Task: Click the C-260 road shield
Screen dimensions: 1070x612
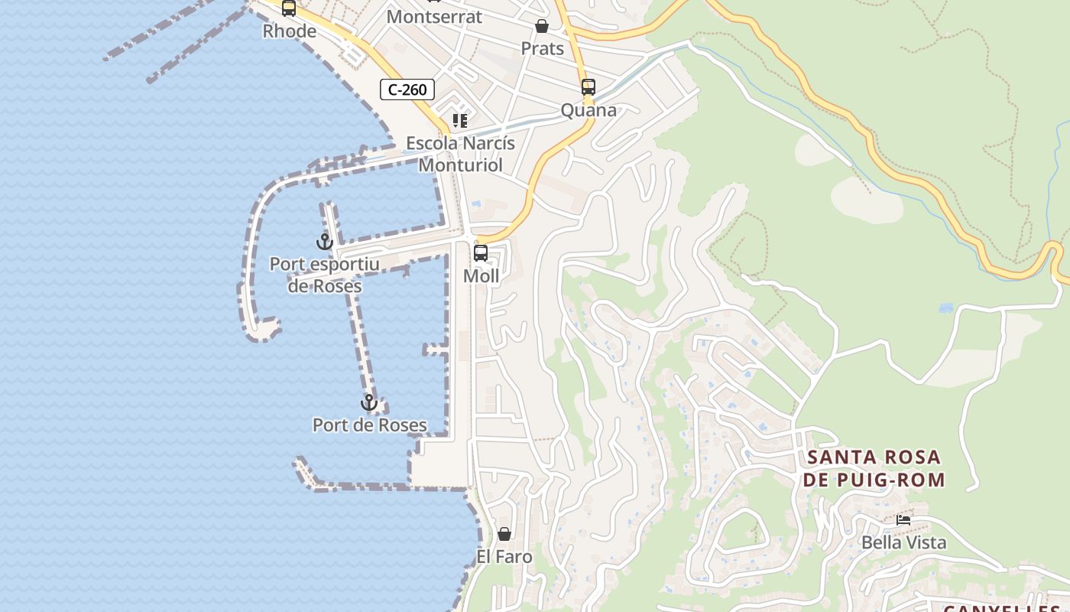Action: [407, 90]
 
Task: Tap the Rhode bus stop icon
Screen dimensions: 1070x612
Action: [289, 8]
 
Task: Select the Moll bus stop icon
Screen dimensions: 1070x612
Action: [481, 253]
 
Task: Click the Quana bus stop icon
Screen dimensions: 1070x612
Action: [588, 87]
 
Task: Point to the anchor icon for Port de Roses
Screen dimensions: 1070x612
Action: [369, 402]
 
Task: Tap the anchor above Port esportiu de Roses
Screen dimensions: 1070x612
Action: [325, 242]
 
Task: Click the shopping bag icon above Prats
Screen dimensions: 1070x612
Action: [542, 27]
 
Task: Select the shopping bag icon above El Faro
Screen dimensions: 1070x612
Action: [504, 534]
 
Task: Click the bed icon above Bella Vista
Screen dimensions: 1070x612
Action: [903, 520]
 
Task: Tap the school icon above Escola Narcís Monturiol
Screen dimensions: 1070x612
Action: [459, 121]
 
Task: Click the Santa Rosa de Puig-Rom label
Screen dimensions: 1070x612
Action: [876, 469]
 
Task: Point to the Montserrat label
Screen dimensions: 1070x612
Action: [434, 17]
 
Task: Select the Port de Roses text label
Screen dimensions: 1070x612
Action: [370, 425]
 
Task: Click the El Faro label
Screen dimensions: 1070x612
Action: [504, 556]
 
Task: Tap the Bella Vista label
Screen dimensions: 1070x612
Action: [903, 542]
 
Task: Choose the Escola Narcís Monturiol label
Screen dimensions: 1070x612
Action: [461, 154]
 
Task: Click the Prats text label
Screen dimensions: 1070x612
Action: [542, 49]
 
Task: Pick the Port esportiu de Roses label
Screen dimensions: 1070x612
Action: [325, 275]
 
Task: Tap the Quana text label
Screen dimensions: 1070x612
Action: [588, 110]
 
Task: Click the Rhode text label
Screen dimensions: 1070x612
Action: [289, 31]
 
